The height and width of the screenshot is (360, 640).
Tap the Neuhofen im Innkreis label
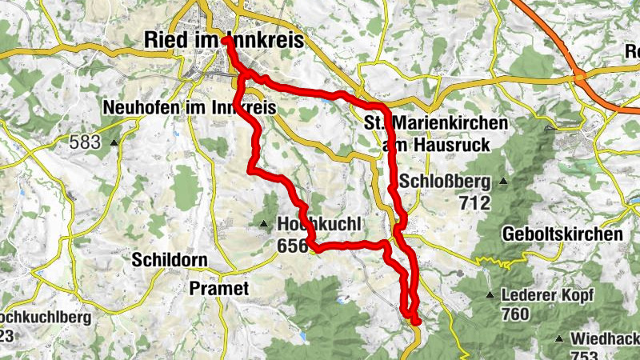pyautogui.click(x=190, y=107)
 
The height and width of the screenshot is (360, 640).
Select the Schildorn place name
pyautogui.click(x=169, y=260)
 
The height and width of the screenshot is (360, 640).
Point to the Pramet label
pyautogui.click(x=219, y=287)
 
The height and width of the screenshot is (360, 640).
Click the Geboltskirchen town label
pyautogui.click(x=562, y=234)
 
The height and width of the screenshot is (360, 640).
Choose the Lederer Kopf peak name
pyautogui.click(x=547, y=294)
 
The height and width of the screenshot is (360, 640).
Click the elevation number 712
pyautogui.click(x=474, y=202)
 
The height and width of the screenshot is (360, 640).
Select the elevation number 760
pyautogui.click(x=516, y=314)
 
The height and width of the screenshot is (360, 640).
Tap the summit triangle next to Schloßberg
pyautogui.click(x=502, y=181)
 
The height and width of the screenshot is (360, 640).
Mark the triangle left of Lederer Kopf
pyautogui.click(x=489, y=295)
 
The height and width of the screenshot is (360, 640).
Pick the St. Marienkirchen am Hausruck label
pyautogui.click(x=436, y=134)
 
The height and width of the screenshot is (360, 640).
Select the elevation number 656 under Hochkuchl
pyautogui.click(x=293, y=246)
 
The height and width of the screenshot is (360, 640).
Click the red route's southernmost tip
pyautogui.click(x=416, y=321)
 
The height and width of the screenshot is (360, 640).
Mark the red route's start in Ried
pyautogui.click(x=227, y=38)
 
